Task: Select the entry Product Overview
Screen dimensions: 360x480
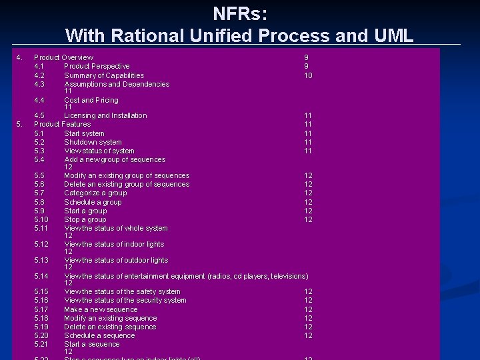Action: pyautogui.click(x=63, y=57)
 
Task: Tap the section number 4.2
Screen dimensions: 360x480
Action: pyautogui.click(x=39, y=75)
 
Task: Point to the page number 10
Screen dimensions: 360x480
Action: pyautogui.click(x=308, y=75)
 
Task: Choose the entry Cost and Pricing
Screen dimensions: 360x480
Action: pyautogui.click(x=91, y=100)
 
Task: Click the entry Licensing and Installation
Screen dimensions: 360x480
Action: pyautogui.click(x=105, y=115)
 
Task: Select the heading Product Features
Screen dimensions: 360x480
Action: pyautogui.click(x=62, y=124)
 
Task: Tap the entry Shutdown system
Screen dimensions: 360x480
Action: pyautogui.click(x=93, y=142)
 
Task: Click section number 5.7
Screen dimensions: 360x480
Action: pyautogui.click(x=39, y=193)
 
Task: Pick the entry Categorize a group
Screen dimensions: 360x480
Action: pyautogui.click(x=95, y=193)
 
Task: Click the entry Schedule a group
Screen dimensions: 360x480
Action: pyautogui.click(x=93, y=202)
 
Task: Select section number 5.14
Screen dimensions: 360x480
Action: pyautogui.click(x=41, y=276)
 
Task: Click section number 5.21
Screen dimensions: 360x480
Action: pyautogui.click(x=41, y=344)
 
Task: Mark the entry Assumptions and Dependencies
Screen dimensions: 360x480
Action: pyautogui.click(x=117, y=84)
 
